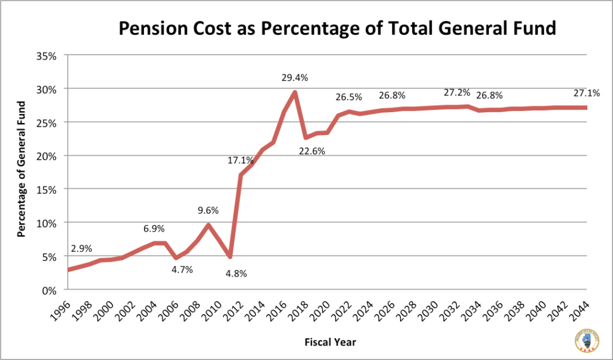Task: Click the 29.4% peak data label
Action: (295, 77)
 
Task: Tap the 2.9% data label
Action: (81, 248)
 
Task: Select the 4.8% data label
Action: (236, 274)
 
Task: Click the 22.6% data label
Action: (312, 151)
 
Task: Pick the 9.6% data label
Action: (208, 211)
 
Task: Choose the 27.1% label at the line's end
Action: (586, 93)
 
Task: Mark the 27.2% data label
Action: (457, 93)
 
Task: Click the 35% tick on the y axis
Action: (46, 56)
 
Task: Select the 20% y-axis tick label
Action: (46, 156)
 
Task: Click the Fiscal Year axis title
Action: (330, 342)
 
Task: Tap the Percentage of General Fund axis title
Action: (22, 170)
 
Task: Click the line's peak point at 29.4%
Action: (295, 92)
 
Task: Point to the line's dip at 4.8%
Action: (230, 257)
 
